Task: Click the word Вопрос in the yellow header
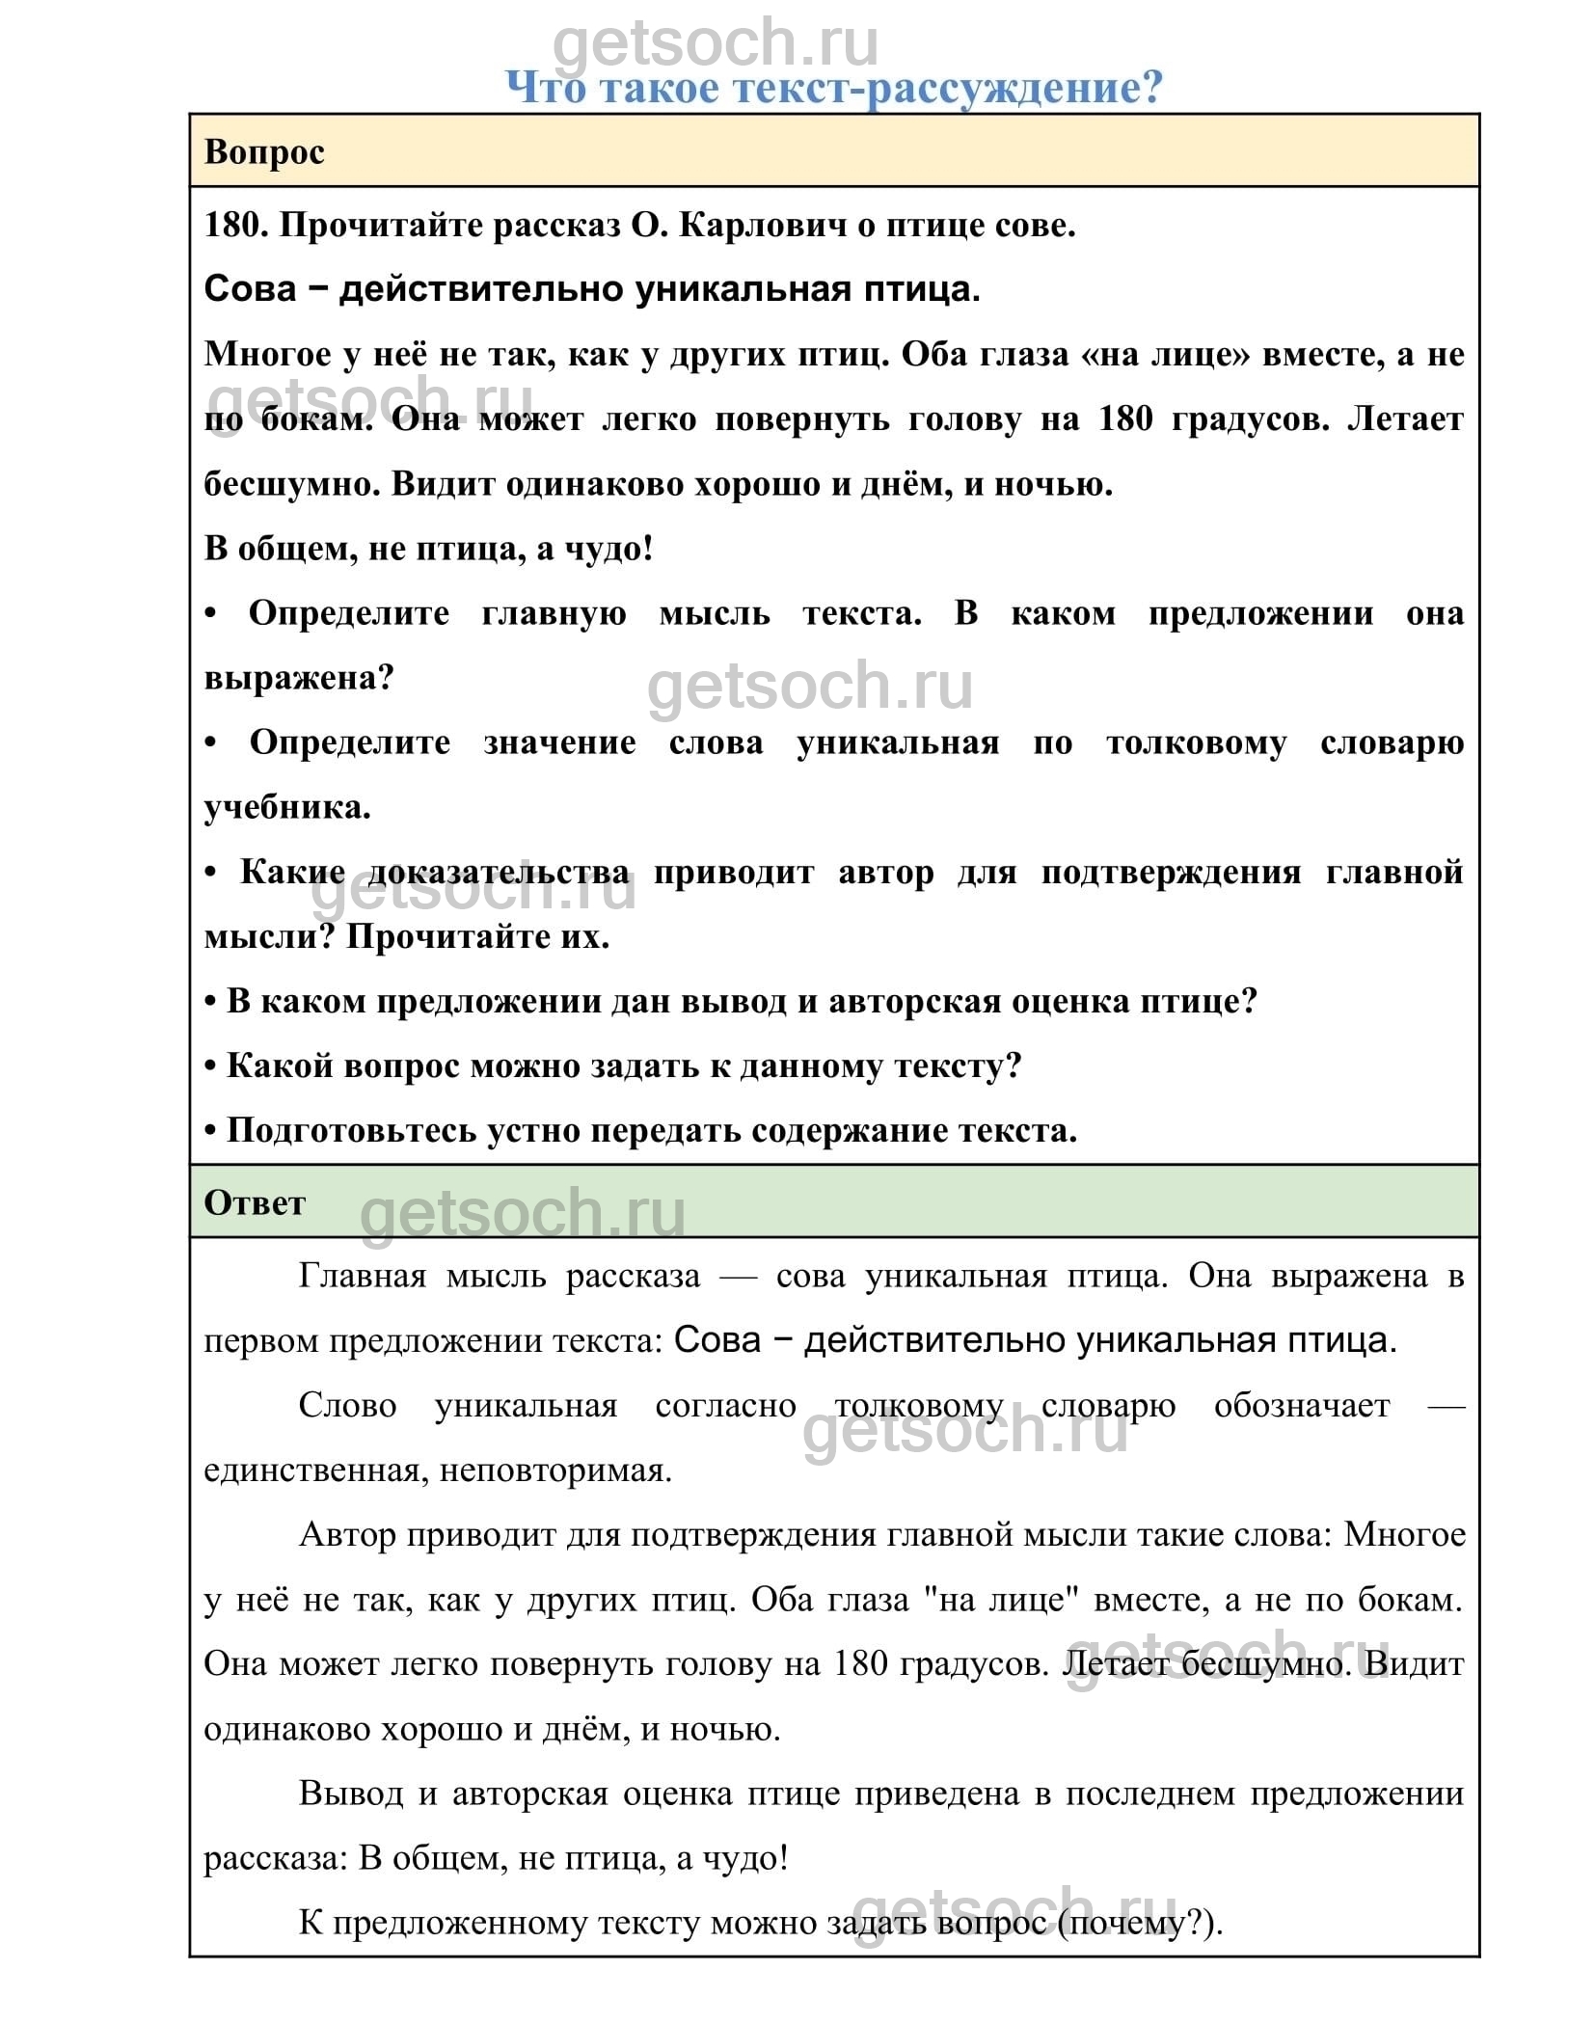(x=264, y=151)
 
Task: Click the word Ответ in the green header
(x=255, y=1202)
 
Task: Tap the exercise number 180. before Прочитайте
(x=234, y=225)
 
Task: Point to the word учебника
(x=286, y=807)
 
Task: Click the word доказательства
(x=499, y=872)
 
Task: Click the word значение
(x=559, y=742)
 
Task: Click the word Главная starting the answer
(x=362, y=1277)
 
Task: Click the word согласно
(x=725, y=1406)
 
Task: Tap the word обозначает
(x=1301, y=1406)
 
